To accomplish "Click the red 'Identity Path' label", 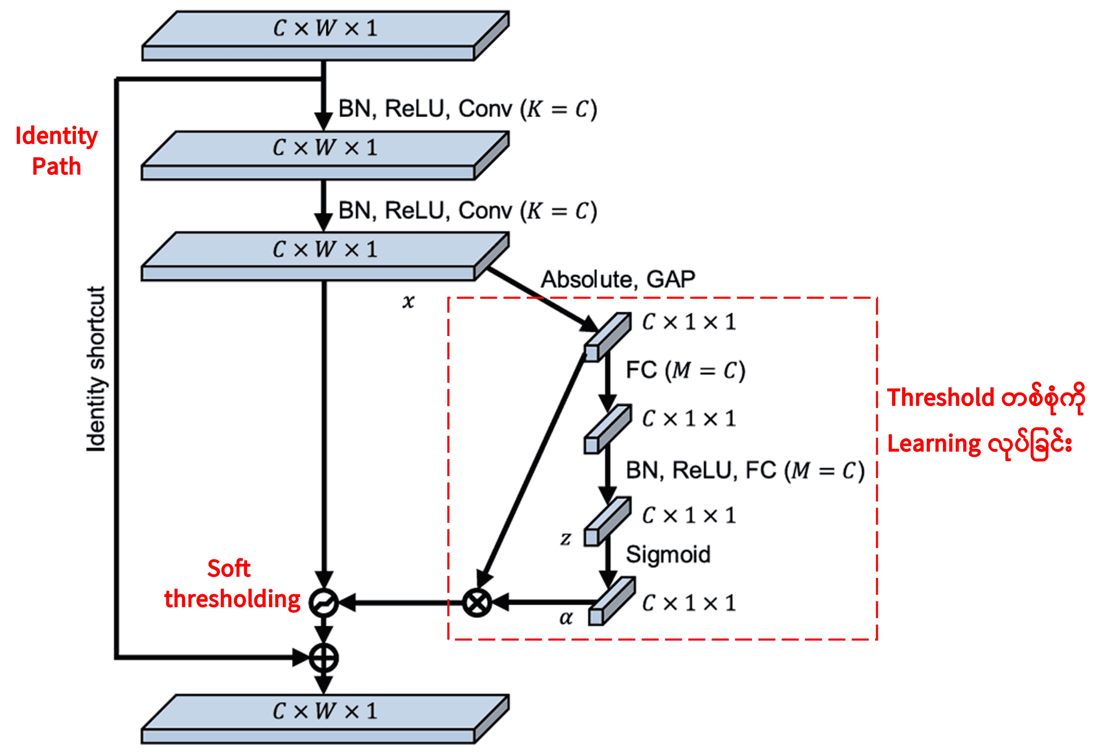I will tap(56, 151).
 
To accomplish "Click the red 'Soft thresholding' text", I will tap(232, 584).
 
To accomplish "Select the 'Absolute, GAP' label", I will tap(618, 279).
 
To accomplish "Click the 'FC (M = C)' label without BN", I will tap(685, 370).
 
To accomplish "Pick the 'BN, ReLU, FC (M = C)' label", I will tap(745, 471).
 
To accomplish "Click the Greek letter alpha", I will tap(566, 618).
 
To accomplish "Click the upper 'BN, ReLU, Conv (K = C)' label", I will tap(467, 109).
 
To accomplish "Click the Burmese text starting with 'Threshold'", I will tap(986, 398).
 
